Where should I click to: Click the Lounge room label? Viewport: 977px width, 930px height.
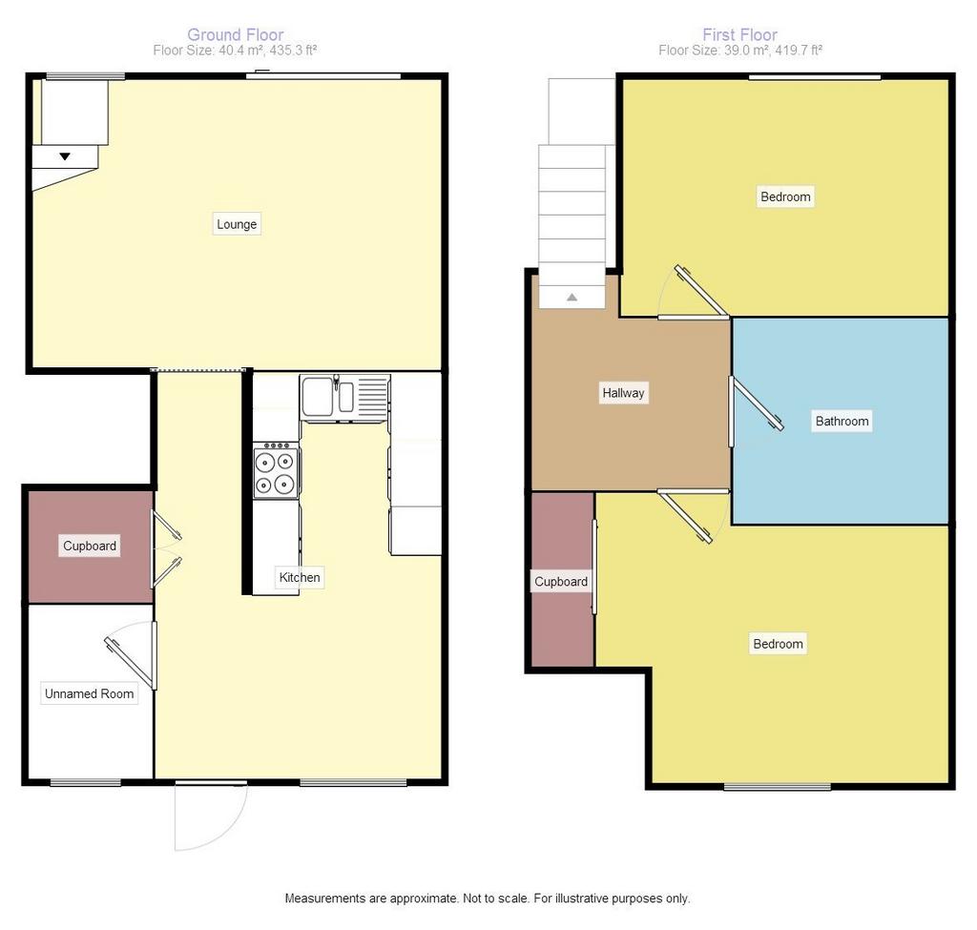237,224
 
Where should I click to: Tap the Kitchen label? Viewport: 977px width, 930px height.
300,577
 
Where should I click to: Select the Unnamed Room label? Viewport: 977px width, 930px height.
89,693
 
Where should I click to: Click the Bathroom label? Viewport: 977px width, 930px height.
842,421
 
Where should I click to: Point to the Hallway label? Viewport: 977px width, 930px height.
623,393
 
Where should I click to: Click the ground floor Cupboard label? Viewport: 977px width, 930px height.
90,547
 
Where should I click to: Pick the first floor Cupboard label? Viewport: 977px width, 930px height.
561,582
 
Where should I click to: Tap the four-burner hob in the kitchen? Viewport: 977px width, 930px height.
276,471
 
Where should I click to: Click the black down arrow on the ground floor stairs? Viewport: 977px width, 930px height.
65,156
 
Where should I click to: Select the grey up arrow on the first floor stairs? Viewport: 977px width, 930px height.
572,298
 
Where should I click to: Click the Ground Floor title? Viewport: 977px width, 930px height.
236,35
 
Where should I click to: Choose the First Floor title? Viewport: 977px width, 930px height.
740,35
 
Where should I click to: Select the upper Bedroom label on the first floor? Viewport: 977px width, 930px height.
786,196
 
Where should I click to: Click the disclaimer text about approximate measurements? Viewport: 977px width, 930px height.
488,899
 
